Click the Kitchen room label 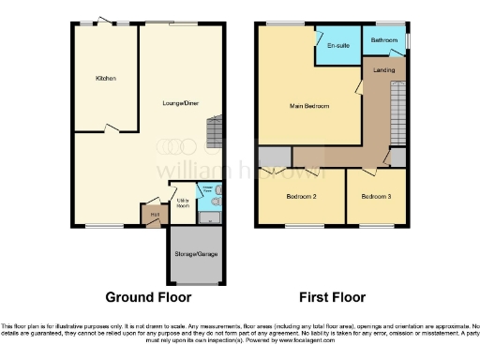pyautogui.click(x=105, y=78)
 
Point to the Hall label pyautogui.click(x=154, y=214)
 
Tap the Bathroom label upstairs pyautogui.click(x=383, y=40)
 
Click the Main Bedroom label pyautogui.click(x=308, y=106)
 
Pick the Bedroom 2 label pyautogui.click(x=299, y=196)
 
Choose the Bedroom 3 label pyautogui.click(x=376, y=196)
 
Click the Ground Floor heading pyautogui.click(x=148, y=297)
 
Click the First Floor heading pyautogui.click(x=332, y=297)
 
